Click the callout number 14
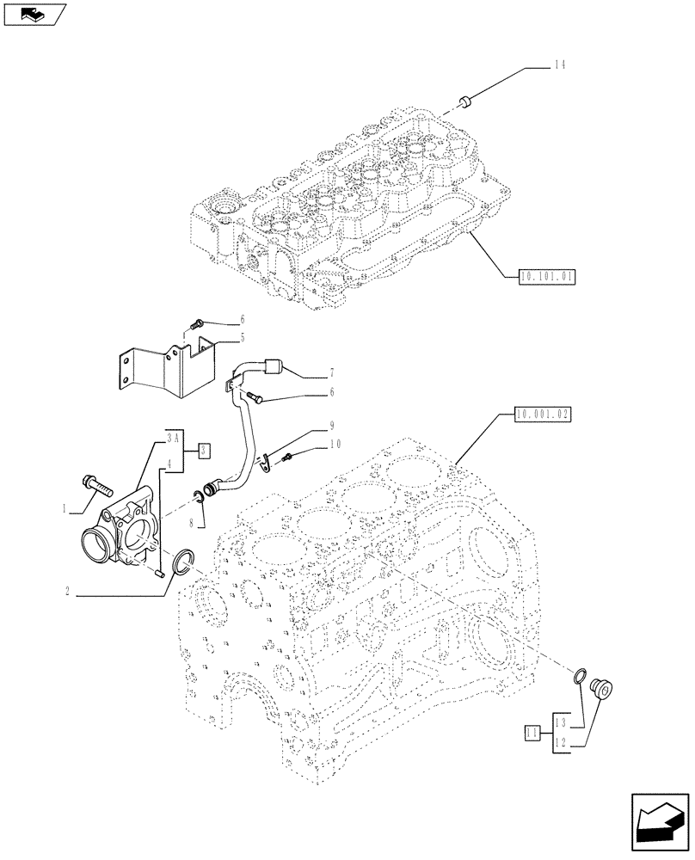[x=559, y=64]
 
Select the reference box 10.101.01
[x=547, y=276]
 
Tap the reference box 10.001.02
[x=543, y=414]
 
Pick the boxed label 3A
[x=170, y=437]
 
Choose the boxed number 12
[x=560, y=742]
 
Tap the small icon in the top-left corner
[x=35, y=14]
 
